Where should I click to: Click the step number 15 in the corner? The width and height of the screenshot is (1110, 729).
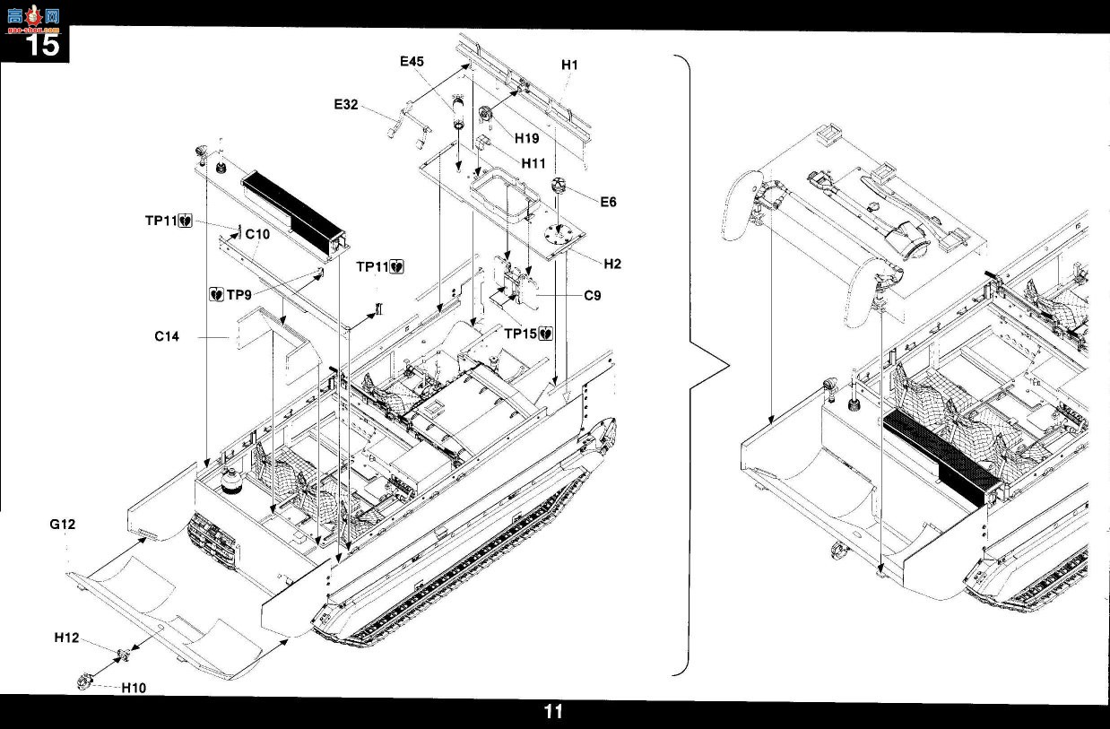43,45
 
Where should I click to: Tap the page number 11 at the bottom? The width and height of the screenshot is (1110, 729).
553,712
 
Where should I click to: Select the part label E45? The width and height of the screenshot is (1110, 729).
412,62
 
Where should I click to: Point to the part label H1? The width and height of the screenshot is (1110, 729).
570,65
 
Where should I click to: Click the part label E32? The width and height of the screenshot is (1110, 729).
346,105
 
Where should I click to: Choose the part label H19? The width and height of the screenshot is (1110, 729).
526,138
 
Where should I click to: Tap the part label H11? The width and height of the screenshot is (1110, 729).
533,163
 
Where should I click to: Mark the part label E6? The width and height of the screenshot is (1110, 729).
608,202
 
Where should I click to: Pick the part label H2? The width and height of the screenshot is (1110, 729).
612,265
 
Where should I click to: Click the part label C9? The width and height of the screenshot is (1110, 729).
593,296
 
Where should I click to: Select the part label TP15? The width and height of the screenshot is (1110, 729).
521,334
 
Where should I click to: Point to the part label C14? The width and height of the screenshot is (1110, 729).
167,336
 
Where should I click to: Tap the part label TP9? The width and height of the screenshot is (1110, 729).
238,295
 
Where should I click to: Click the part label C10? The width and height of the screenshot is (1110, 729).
257,234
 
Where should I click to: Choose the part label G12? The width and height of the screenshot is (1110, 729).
63,525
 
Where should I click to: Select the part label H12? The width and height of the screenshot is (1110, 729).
66,638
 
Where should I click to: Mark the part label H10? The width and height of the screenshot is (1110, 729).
134,688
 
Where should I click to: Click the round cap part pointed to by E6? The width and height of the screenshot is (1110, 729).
559,185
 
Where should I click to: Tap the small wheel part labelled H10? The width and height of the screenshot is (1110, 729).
85,681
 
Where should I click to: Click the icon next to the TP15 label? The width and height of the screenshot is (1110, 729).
545,334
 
